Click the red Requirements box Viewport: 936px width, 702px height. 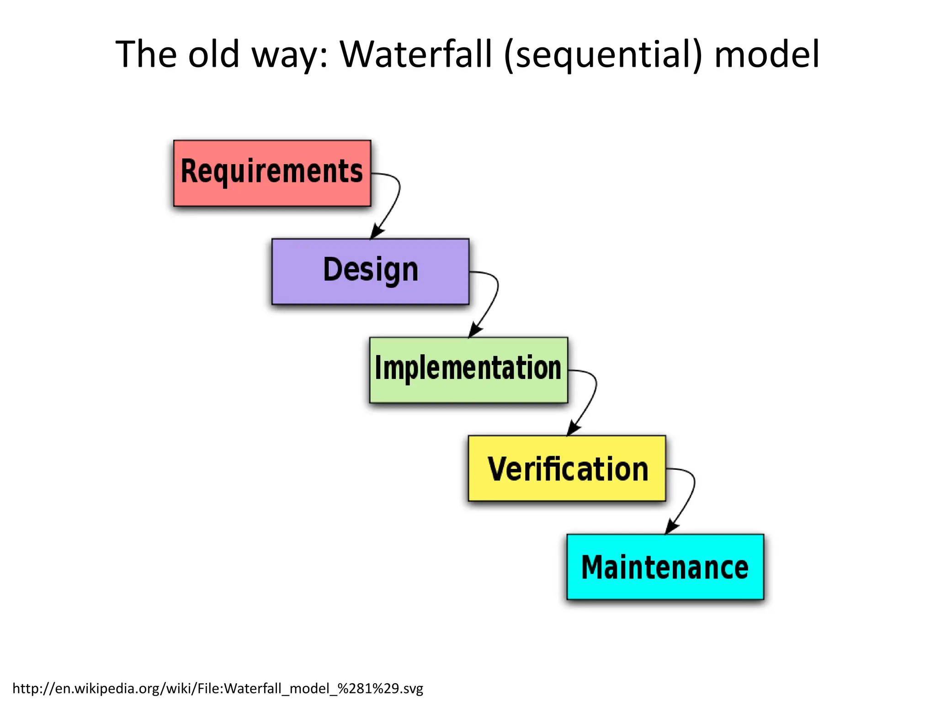tap(272, 173)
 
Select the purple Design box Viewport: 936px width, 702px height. tap(370, 271)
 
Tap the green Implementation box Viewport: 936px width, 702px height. tap(468, 370)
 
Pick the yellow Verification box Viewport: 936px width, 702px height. tap(567, 468)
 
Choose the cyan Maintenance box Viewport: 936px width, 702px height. tap(665, 567)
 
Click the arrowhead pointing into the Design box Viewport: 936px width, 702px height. tap(377, 231)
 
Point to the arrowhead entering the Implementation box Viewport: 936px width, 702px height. tap(475, 330)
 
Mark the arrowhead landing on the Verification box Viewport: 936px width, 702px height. tap(574, 428)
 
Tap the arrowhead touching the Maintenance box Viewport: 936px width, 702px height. tap(672, 527)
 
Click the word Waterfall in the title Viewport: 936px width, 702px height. tap(416, 54)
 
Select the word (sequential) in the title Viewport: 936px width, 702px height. tap(603, 55)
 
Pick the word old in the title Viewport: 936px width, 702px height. tap(214, 54)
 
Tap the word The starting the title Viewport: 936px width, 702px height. tap(146, 54)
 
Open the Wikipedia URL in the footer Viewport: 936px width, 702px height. tap(218, 688)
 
